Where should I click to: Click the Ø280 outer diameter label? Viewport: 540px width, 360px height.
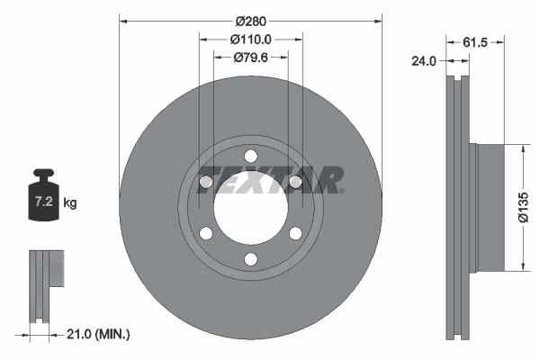(250, 20)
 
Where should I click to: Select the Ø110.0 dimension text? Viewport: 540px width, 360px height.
(250, 40)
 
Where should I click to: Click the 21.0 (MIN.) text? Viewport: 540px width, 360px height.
(100, 334)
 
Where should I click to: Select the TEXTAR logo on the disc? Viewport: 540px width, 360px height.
(270, 178)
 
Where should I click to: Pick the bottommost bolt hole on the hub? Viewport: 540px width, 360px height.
(250, 260)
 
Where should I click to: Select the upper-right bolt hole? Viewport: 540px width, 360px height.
(294, 183)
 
